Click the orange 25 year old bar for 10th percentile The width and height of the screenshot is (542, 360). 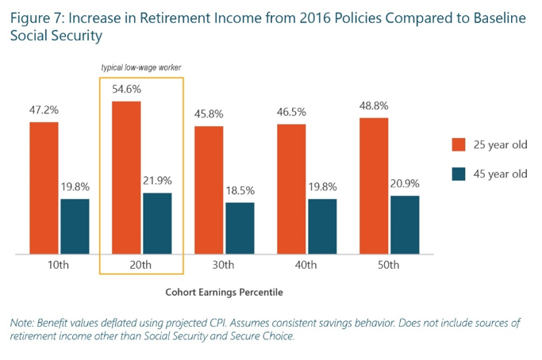click(x=44, y=188)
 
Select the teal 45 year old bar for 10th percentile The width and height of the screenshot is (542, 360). click(x=75, y=226)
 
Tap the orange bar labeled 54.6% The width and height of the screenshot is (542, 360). click(x=126, y=178)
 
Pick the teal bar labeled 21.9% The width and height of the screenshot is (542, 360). click(x=157, y=224)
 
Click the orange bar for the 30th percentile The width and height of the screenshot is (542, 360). click(x=209, y=190)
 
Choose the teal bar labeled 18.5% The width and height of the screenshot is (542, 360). click(x=240, y=228)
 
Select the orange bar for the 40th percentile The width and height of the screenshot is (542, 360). click(x=291, y=189)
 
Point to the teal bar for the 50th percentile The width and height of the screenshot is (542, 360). click(x=405, y=225)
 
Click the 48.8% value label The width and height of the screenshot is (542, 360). click(x=374, y=105)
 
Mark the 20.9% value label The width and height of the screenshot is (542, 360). click(x=405, y=184)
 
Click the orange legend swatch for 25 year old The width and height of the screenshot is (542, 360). click(x=458, y=144)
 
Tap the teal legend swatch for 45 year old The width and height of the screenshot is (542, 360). click(x=458, y=174)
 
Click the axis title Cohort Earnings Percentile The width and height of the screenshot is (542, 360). click(x=224, y=292)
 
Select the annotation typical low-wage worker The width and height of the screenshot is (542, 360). click(x=141, y=69)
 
